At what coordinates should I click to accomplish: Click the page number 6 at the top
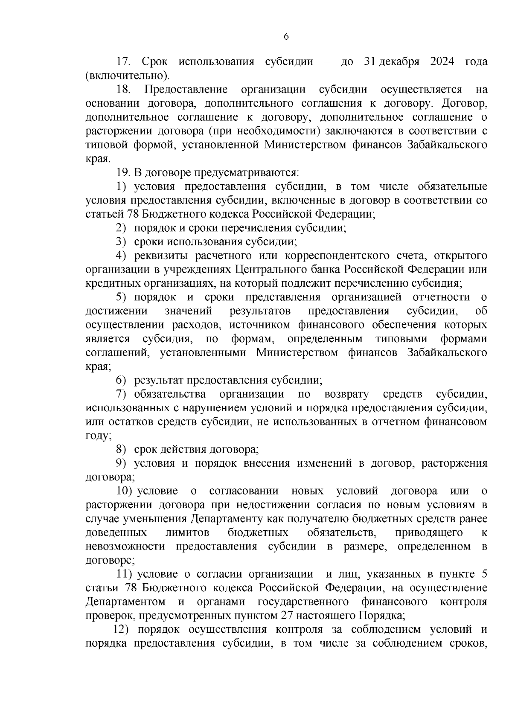(286, 37)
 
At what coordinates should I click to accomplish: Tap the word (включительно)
(127, 76)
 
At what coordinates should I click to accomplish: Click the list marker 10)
(125, 491)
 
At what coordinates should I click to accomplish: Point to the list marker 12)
(124, 629)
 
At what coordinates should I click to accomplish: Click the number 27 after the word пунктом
(286, 616)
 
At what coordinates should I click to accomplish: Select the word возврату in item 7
(347, 394)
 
